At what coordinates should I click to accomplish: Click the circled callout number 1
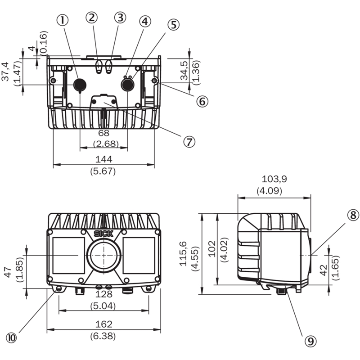tap(63, 20)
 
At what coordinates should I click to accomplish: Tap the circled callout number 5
tap(173, 24)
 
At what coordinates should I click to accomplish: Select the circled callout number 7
tap(189, 142)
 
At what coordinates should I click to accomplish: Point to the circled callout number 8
tap(353, 215)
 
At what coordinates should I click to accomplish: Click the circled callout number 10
tap(12, 338)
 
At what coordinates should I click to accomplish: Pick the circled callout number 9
tap(310, 341)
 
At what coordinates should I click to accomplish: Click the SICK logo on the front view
tap(103, 234)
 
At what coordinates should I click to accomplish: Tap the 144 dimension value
tap(104, 159)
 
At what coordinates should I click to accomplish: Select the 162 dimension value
tap(104, 324)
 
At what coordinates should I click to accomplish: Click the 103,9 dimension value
tap(274, 179)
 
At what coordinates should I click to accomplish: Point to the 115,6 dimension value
tap(184, 254)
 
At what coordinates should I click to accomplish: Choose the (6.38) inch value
tap(103, 336)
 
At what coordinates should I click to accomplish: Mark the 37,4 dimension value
tap(5, 72)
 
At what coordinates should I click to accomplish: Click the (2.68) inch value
tap(106, 144)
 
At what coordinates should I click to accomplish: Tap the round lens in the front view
tap(104, 255)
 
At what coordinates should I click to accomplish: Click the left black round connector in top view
tap(80, 85)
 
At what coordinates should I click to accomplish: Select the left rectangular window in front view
tap(69, 255)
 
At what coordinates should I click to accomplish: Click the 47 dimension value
tap(8, 272)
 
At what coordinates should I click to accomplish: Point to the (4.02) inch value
tap(224, 250)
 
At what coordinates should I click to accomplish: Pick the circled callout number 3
tap(120, 18)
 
